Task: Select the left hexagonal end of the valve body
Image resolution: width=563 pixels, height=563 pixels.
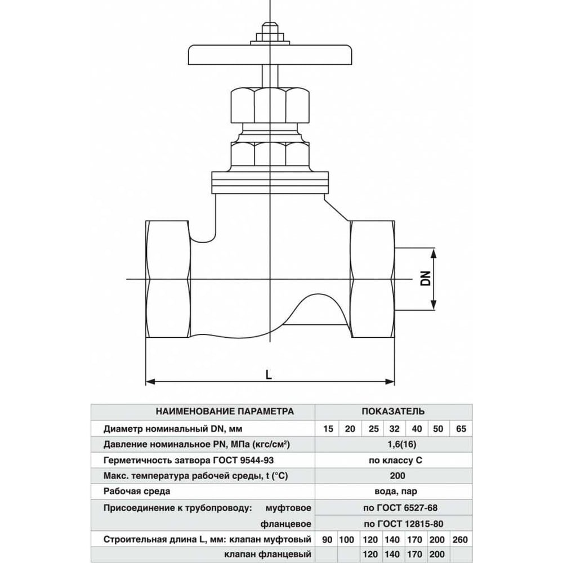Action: (x=167, y=279)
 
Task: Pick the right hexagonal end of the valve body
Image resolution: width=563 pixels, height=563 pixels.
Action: (x=372, y=279)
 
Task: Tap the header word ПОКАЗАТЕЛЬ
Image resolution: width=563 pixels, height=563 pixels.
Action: (x=393, y=411)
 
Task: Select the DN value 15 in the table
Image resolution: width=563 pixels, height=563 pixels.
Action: (x=328, y=430)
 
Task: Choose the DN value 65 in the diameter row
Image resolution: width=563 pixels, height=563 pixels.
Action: (x=462, y=430)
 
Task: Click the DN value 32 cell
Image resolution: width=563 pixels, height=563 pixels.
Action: (x=394, y=430)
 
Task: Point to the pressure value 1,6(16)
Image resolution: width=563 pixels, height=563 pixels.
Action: (x=395, y=445)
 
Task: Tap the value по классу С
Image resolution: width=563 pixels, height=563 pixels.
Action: (x=395, y=461)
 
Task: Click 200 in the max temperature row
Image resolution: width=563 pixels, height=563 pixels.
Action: (x=395, y=476)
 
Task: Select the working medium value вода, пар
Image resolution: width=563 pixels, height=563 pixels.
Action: (x=395, y=491)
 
